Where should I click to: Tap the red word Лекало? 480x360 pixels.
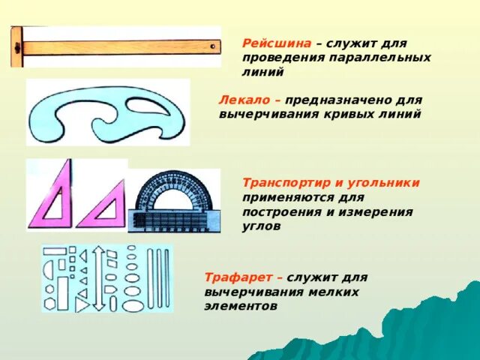pos(241,100)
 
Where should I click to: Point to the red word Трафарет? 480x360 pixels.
pos(231,278)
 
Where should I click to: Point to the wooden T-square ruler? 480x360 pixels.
pos(120,46)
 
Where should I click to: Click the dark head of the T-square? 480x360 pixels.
pos(16,46)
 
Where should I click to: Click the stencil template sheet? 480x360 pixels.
pos(107,277)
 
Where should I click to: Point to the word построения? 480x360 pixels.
pos(276,211)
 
